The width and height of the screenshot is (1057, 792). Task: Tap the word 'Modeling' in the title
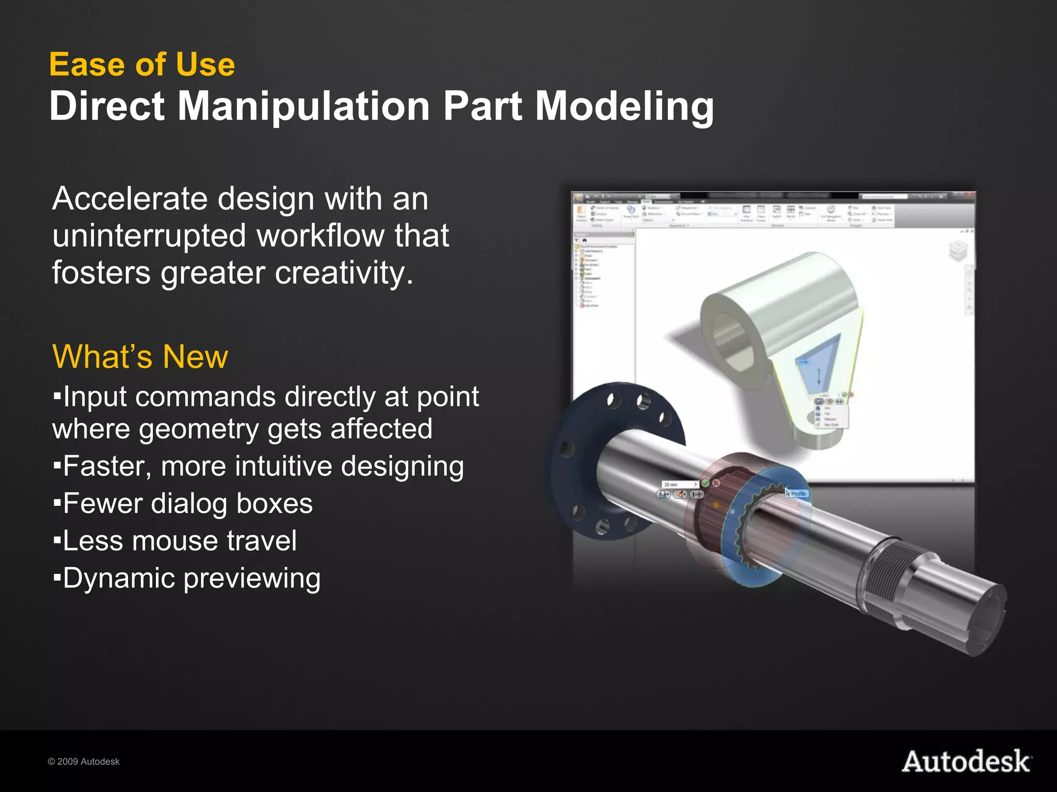tap(624, 106)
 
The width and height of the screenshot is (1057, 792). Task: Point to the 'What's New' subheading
tap(140, 357)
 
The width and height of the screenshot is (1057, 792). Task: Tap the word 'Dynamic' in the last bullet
tap(119, 578)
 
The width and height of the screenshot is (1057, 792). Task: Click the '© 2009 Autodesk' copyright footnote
tap(84, 762)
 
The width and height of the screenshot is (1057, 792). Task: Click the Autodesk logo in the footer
tap(966, 762)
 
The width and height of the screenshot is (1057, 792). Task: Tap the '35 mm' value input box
tap(679, 484)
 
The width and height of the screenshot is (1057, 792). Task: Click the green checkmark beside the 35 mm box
tap(705, 484)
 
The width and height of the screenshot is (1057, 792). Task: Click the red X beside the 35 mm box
tap(716, 483)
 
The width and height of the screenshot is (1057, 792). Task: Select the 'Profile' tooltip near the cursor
tap(798, 493)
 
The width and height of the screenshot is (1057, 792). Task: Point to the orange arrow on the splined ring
tap(716, 505)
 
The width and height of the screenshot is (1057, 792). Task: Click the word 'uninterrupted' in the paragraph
tap(149, 236)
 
